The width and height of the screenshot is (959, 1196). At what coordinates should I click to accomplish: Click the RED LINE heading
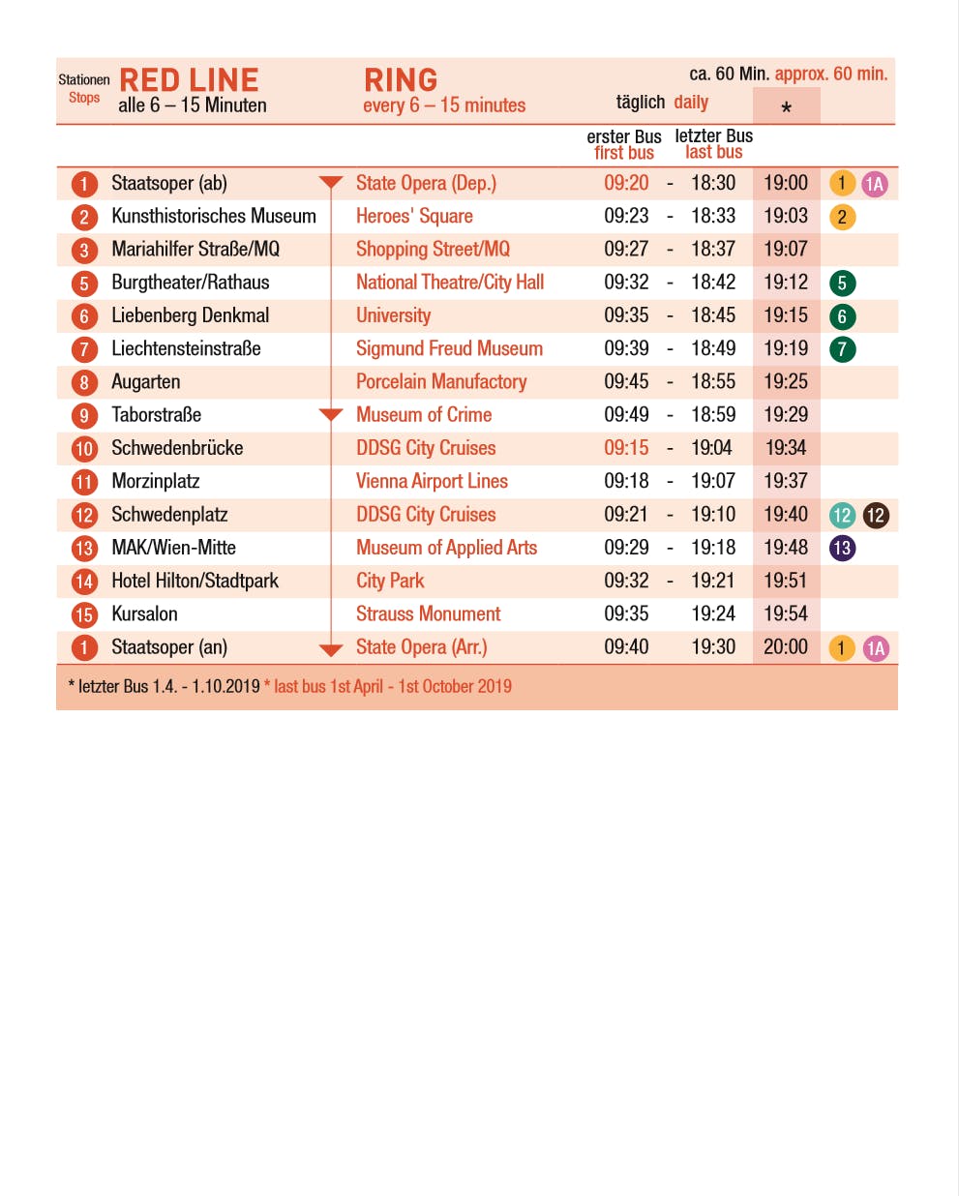click(189, 80)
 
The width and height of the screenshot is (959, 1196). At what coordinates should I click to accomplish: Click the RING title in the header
click(401, 80)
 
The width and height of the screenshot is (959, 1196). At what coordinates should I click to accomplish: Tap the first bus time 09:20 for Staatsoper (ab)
click(626, 183)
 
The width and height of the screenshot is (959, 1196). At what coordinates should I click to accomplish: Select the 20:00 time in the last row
click(785, 646)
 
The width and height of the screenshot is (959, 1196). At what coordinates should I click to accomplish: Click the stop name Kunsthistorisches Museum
click(214, 216)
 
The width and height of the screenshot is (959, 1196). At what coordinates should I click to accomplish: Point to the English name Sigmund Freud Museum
click(449, 348)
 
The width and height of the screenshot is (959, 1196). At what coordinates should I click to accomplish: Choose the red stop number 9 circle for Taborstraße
click(84, 415)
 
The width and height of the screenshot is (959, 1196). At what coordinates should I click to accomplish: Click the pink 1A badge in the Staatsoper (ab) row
click(875, 184)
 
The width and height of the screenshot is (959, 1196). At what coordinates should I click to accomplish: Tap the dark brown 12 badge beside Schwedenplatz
click(876, 515)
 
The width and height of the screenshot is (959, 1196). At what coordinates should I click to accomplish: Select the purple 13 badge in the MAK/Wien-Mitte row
click(842, 548)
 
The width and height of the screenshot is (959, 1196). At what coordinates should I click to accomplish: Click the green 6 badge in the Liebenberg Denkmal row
click(842, 316)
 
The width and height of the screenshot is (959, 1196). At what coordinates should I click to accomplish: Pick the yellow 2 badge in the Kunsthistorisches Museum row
click(842, 217)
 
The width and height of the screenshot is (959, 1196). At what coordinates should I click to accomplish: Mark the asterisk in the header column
click(786, 107)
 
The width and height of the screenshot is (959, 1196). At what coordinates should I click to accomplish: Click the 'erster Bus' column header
click(624, 136)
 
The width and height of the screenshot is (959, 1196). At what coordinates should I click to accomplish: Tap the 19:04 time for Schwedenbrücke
click(712, 448)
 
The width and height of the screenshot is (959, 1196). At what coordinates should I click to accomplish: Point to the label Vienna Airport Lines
click(432, 481)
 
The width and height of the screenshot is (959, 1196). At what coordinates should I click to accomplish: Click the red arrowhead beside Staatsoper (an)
click(331, 649)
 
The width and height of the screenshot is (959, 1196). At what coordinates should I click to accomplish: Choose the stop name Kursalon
click(144, 613)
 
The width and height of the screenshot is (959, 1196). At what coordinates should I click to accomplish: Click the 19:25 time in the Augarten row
click(785, 381)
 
